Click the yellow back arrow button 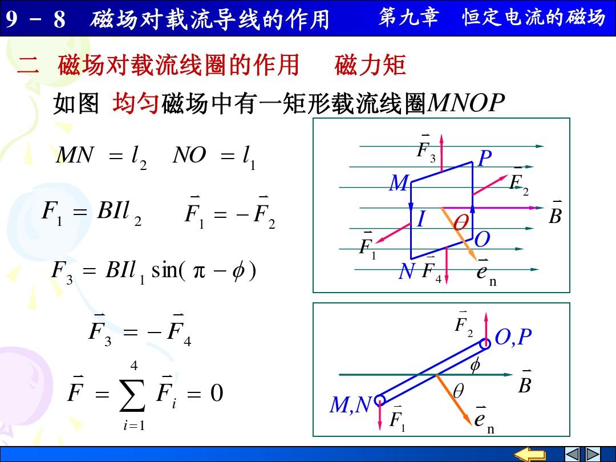(x=530, y=455)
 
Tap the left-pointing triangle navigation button (x=572, y=455)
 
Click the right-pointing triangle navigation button (x=593, y=455)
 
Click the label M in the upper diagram (x=399, y=183)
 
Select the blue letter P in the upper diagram (x=485, y=158)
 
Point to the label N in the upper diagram (x=406, y=271)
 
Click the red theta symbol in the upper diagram (x=461, y=223)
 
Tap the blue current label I (x=421, y=219)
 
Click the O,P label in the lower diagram (x=513, y=337)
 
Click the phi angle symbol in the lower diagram (x=475, y=365)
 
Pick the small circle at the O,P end (x=485, y=344)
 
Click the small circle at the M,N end (x=380, y=400)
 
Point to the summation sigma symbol (x=133, y=394)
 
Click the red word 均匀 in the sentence (x=136, y=103)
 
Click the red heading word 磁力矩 (x=370, y=65)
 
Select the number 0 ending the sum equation (x=217, y=393)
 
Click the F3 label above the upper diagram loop (x=426, y=149)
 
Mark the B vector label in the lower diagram (x=525, y=382)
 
